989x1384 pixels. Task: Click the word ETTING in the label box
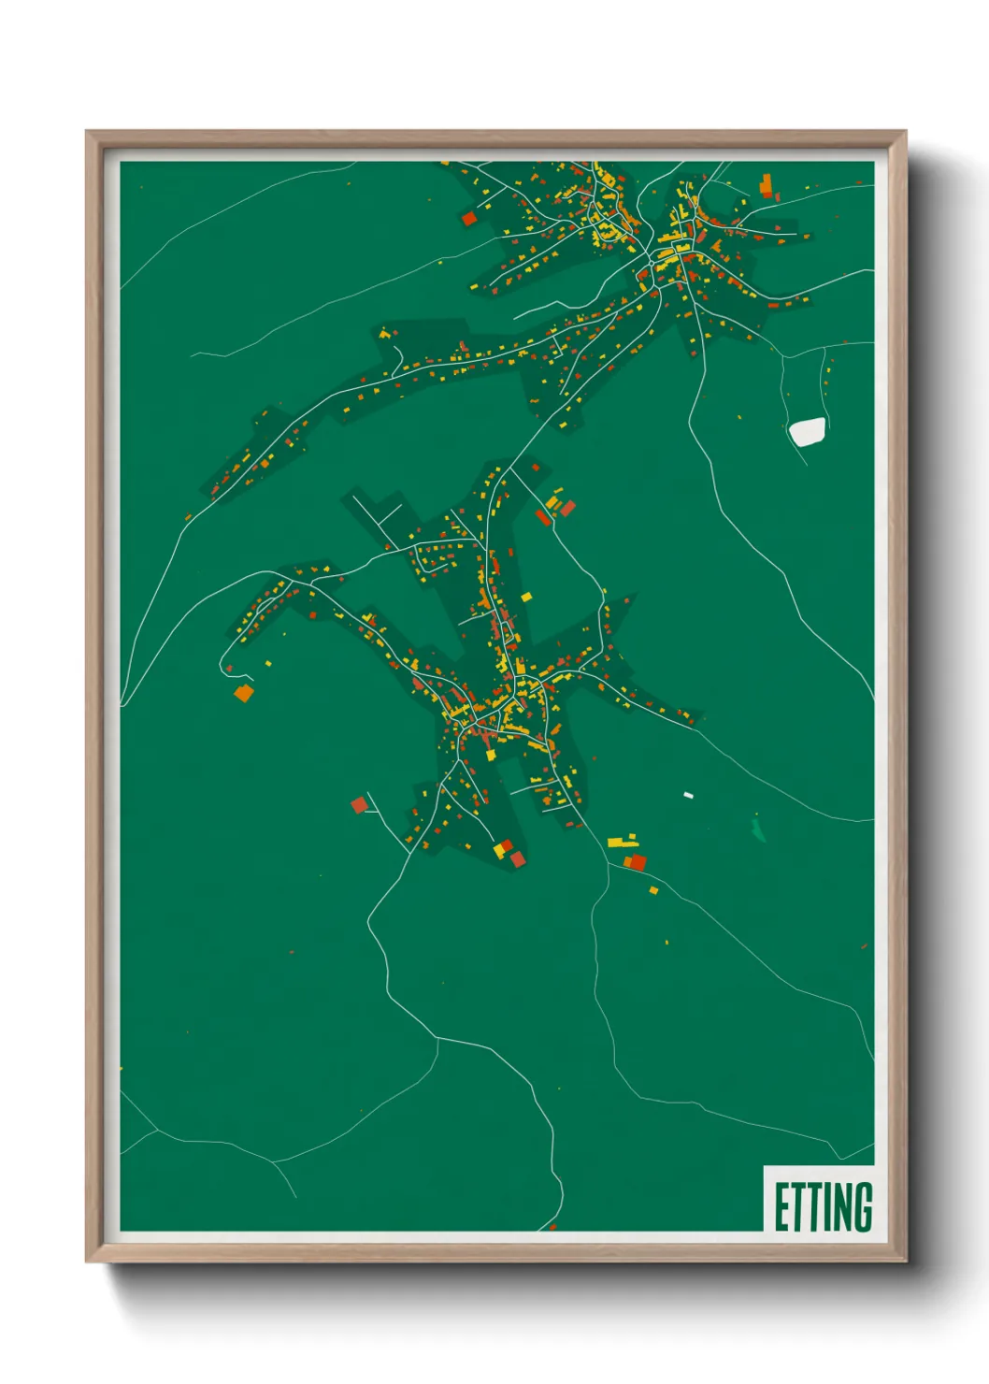coord(823,1206)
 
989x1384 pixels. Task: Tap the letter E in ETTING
coord(780,1206)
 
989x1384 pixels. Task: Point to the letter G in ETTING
coord(863,1206)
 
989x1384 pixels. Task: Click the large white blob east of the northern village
coord(807,431)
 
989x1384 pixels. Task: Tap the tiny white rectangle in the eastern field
coord(688,795)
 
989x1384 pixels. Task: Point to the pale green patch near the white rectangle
coord(758,829)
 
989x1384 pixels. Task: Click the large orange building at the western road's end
coord(243,693)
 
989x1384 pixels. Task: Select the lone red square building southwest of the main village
coord(359,804)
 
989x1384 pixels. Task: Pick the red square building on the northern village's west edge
coord(469,218)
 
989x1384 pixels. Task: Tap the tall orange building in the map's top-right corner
coord(767,184)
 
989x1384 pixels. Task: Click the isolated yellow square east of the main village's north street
coord(526,596)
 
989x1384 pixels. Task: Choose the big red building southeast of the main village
coord(637,861)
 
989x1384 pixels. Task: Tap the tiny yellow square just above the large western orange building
coord(268,663)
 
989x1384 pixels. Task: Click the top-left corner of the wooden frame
coord(87,132)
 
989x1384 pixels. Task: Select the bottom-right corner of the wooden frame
coord(905,1261)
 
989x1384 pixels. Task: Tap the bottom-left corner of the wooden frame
coord(87,1261)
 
